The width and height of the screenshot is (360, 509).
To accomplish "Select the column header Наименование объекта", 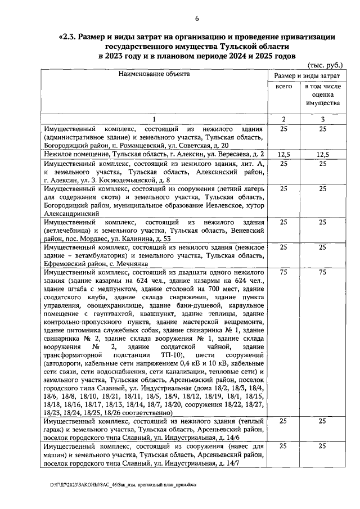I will (154, 74).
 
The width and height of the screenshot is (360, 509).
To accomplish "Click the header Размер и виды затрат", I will (306, 75).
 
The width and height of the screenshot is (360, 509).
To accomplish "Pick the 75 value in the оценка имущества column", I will (322, 272).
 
